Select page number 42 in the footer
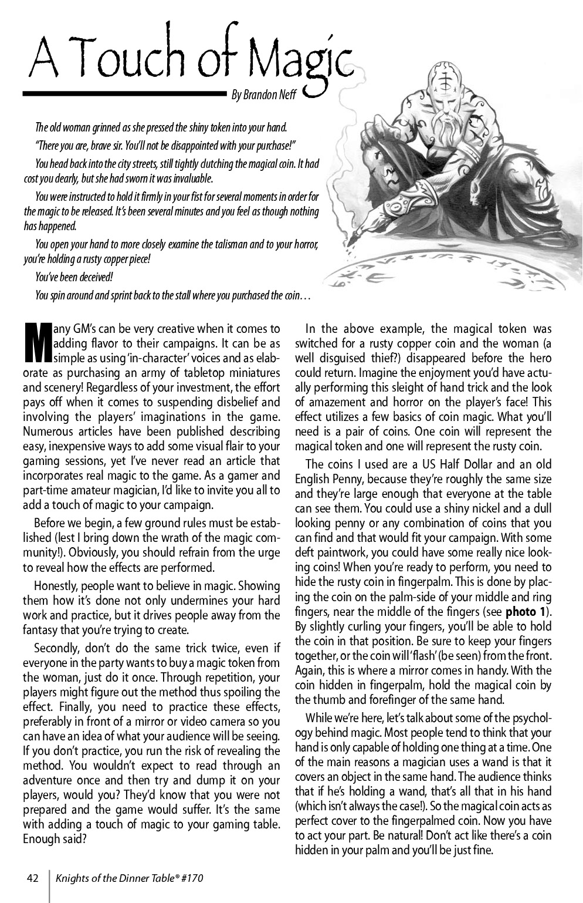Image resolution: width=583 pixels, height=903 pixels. point(33,878)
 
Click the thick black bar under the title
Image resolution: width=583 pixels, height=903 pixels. point(123,93)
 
